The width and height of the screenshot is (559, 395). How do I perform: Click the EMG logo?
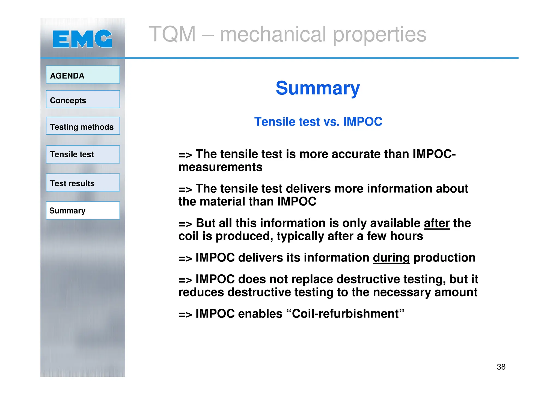[x=82, y=39]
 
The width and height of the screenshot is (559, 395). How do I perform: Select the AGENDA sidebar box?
[x=83, y=75]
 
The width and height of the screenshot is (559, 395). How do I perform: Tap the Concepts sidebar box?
[x=83, y=99]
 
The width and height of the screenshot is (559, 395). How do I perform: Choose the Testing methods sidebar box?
[x=83, y=126]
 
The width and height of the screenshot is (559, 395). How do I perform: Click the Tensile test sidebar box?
[x=83, y=154]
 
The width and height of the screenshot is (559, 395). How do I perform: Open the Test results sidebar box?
[x=83, y=183]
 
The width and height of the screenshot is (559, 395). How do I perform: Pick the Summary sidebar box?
[x=83, y=210]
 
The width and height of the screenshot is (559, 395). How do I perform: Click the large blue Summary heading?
[x=318, y=88]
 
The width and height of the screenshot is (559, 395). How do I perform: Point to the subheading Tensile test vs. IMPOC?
[x=318, y=122]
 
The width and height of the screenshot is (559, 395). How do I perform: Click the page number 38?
[x=501, y=367]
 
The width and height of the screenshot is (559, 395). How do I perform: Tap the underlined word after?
[x=436, y=223]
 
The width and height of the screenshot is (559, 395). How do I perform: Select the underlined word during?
[x=391, y=258]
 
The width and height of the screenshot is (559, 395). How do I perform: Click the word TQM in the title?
[x=173, y=34]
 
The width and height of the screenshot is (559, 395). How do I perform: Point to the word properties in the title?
[x=379, y=35]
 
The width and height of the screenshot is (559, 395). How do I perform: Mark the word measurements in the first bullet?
[x=220, y=167]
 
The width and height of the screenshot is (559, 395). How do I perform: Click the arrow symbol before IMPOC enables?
[x=185, y=314]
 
